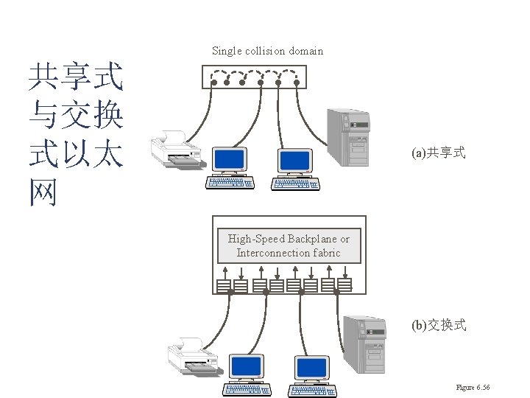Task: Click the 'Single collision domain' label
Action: pos(267,51)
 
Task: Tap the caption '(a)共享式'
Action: pos(439,153)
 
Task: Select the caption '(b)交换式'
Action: pos(439,325)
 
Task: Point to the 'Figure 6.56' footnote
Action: pos(473,388)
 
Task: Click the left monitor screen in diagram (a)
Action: pos(229,160)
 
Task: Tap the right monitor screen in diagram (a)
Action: pos(294,160)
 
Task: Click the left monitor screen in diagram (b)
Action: pos(246,366)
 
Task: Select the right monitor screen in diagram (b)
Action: pos(312,367)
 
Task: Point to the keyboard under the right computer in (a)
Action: pos(295,183)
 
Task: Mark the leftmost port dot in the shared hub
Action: pos(211,83)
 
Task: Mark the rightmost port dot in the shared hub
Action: pos(296,83)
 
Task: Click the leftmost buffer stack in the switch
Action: pos(222,284)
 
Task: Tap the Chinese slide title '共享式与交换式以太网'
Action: pos(75,133)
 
